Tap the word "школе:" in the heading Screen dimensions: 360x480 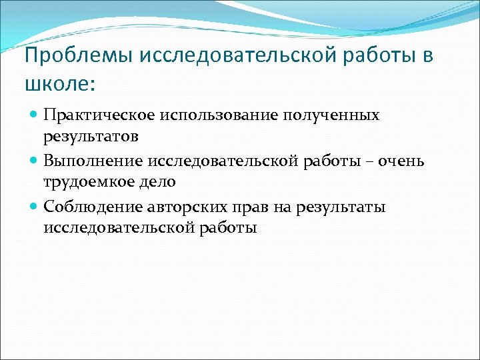(x=60, y=85)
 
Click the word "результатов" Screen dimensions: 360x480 (x=91, y=137)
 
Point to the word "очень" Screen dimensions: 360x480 (x=406, y=161)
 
